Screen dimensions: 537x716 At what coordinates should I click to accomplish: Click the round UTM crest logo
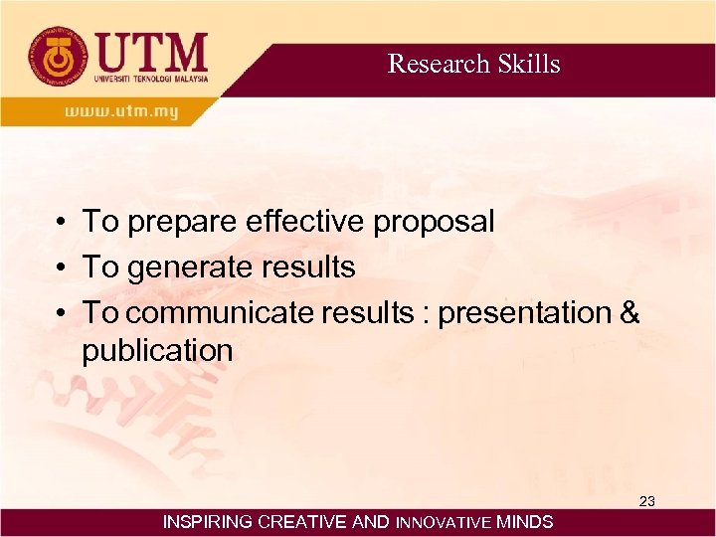tap(57, 57)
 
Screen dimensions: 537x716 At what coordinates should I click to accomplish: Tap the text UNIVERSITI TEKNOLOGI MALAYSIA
tap(151, 79)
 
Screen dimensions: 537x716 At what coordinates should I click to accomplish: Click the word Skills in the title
tap(528, 64)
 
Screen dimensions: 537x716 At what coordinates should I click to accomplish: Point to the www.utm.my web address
tap(121, 111)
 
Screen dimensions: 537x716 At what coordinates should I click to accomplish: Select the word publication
tap(157, 351)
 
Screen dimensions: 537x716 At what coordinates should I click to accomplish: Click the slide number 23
tap(646, 501)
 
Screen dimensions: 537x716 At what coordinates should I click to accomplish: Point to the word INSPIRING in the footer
tap(207, 522)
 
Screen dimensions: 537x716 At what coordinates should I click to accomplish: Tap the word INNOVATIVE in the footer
tap(444, 522)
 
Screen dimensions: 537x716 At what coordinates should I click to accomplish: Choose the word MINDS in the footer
tap(525, 522)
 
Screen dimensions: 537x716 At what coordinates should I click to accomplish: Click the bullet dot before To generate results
tap(61, 268)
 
